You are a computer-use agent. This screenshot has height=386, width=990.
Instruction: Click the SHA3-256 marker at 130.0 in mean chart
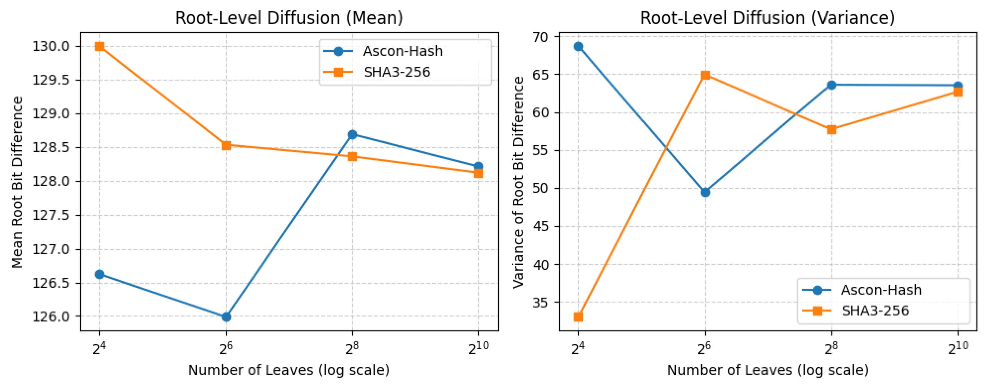click(99, 46)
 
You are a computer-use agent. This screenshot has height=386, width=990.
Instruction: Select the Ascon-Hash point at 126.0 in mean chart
click(226, 317)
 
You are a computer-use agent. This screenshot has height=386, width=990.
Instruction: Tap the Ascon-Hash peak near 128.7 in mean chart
click(352, 135)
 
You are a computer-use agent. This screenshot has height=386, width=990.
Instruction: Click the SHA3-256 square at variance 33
click(578, 317)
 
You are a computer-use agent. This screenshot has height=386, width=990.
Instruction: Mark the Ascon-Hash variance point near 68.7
click(578, 46)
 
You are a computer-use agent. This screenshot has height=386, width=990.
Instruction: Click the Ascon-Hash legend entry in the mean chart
click(402, 51)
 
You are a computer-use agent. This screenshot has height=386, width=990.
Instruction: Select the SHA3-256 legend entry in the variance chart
click(875, 311)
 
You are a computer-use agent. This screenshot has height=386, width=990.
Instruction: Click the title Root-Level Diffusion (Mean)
click(289, 18)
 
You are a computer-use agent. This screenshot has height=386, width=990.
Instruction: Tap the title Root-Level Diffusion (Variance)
click(767, 18)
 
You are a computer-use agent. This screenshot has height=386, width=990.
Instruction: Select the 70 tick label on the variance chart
click(541, 37)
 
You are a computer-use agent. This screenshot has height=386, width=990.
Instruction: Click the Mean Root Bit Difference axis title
click(17, 182)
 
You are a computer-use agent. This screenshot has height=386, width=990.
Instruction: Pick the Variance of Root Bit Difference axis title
click(519, 182)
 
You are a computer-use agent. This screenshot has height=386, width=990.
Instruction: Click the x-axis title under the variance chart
click(767, 371)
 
